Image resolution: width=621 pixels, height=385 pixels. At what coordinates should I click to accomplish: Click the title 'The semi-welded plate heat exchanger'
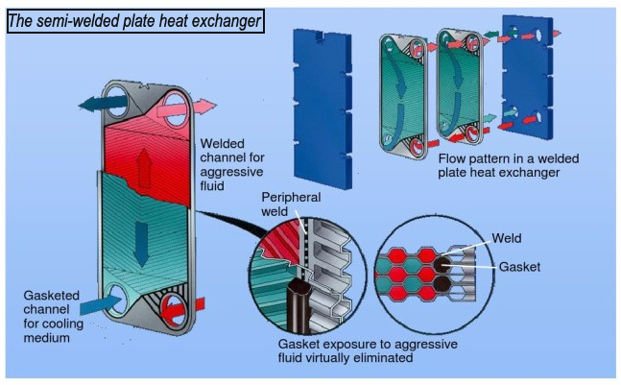(x=134, y=20)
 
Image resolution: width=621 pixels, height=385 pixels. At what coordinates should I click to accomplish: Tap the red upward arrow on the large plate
(x=143, y=167)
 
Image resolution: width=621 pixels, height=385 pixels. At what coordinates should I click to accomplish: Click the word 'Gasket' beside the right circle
(x=518, y=265)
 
